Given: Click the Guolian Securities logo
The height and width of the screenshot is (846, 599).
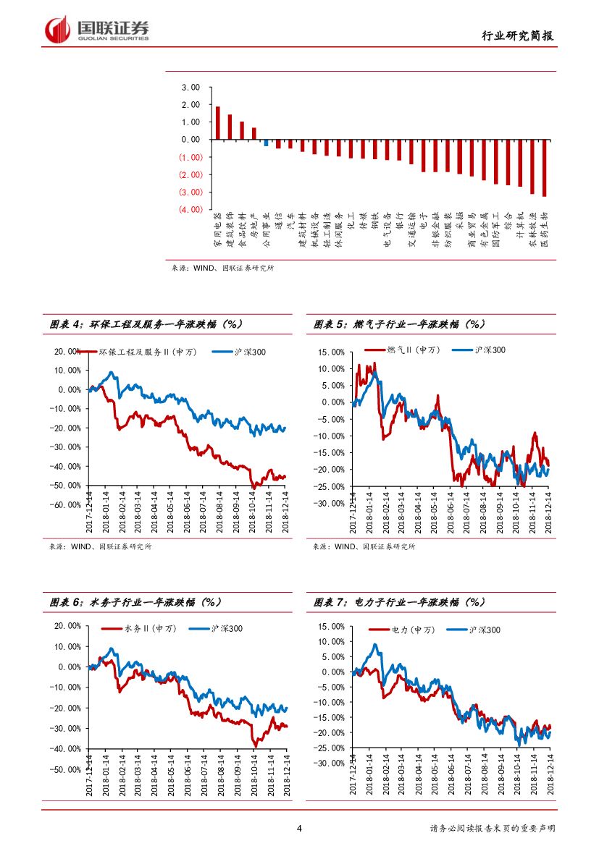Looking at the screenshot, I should [x=97, y=29].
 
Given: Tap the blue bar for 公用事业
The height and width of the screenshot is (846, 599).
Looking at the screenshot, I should [x=266, y=143].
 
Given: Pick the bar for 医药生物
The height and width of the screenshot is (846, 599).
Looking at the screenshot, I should [x=544, y=167].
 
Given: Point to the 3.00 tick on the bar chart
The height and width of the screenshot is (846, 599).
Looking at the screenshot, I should [x=191, y=88].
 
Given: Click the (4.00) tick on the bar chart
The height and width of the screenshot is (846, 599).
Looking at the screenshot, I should [x=190, y=209].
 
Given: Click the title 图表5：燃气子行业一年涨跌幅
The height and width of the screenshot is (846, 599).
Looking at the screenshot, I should [x=399, y=325].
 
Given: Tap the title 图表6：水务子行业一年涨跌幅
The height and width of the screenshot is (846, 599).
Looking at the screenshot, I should [x=135, y=602].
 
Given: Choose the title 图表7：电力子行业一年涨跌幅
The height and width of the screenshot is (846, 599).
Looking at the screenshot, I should [x=399, y=602].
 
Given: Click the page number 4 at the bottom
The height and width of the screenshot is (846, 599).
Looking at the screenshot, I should [x=299, y=829].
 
